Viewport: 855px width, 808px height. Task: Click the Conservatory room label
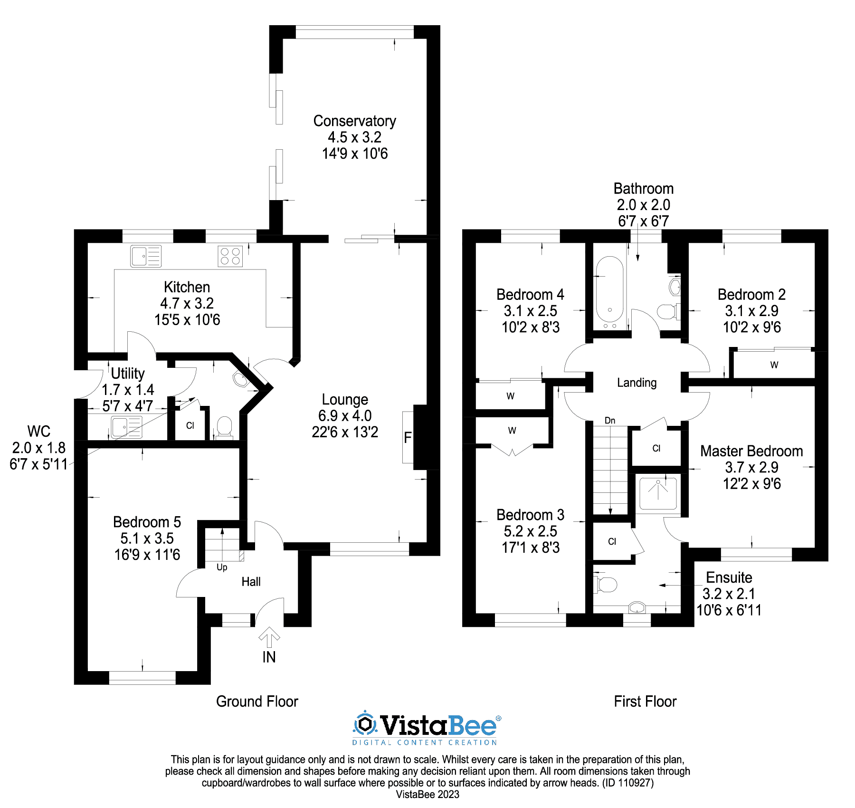tap(354, 121)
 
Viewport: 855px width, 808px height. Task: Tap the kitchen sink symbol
tap(146, 256)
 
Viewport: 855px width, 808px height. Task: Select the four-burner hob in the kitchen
tap(230, 256)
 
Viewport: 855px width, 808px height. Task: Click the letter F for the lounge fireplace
tap(408, 438)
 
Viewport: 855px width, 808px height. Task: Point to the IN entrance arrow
tap(269, 637)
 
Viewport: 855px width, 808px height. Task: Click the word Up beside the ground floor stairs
tap(222, 567)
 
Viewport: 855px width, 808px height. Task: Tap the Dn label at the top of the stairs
tap(610, 421)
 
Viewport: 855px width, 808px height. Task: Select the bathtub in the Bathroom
tap(609, 290)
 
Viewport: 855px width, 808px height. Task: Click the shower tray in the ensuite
tap(658, 492)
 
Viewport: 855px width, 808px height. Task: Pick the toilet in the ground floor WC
tap(224, 426)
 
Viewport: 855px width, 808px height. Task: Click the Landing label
tap(636, 383)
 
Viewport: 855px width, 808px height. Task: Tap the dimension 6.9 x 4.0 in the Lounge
tap(345, 416)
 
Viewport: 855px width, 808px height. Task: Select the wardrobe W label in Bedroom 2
tap(774, 365)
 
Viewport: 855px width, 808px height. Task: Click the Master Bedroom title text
tap(751, 451)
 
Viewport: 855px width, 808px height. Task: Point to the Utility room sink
tap(126, 426)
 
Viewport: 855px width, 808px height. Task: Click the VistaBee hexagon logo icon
tap(365, 725)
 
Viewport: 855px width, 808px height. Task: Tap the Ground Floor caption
tap(257, 702)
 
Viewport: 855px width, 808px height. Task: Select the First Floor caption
tap(645, 702)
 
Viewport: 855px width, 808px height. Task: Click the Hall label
tap(251, 582)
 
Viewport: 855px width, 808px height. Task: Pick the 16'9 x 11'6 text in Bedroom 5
tap(147, 555)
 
